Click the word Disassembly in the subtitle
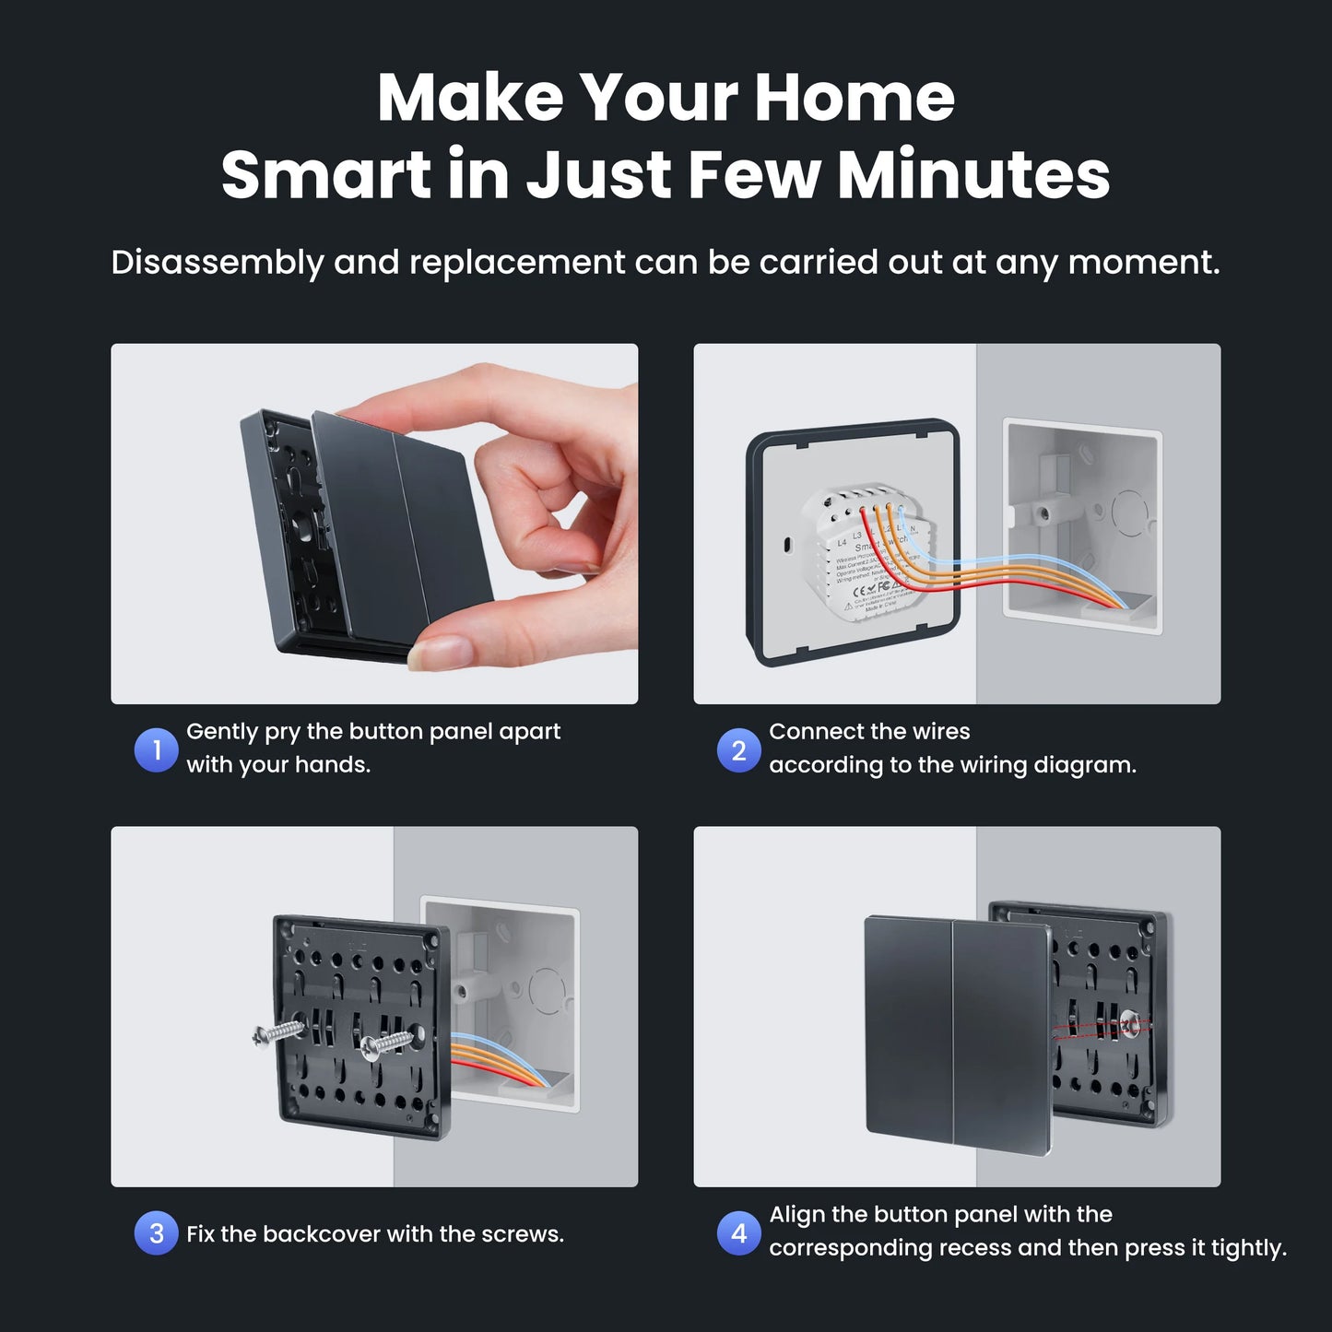point(217,264)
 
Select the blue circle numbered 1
point(156,750)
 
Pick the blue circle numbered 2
point(738,750)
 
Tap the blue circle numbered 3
point(156,1233)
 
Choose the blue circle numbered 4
point(738,1233)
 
